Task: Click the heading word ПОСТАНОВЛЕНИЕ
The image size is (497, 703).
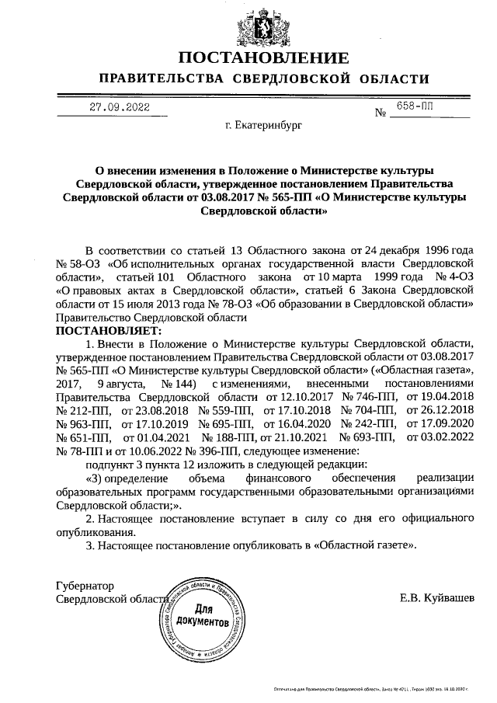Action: click(264, 59)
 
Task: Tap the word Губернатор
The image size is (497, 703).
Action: click(85, 585)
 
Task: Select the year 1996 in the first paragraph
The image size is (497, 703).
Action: click(434, 250)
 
